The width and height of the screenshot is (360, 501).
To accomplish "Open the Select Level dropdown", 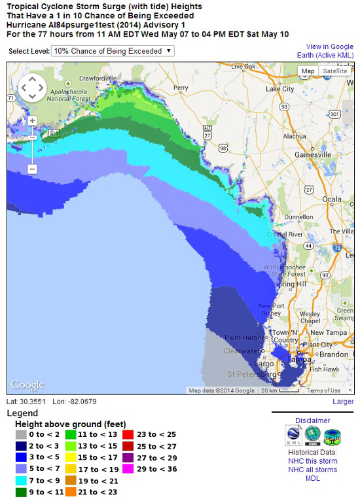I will (112, 50).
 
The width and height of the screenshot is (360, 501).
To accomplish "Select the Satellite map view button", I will (334, 71).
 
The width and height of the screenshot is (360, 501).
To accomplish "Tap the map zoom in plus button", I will (32, 121).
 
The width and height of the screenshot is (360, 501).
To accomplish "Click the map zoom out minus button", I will (32, 169).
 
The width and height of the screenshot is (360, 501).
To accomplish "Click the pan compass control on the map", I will (32, 88).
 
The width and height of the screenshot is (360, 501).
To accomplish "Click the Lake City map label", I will (279, 89).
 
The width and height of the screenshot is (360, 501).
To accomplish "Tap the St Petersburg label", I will (249, 375).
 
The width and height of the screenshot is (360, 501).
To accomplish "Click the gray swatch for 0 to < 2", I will (20, 434).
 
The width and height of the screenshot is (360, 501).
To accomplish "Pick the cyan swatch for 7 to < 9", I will (20, 480).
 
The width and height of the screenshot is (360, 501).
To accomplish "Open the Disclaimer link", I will (312, 421).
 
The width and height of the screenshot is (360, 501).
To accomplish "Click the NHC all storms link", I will (313, 470).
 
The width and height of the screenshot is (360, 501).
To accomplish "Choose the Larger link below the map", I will (342, 402).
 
